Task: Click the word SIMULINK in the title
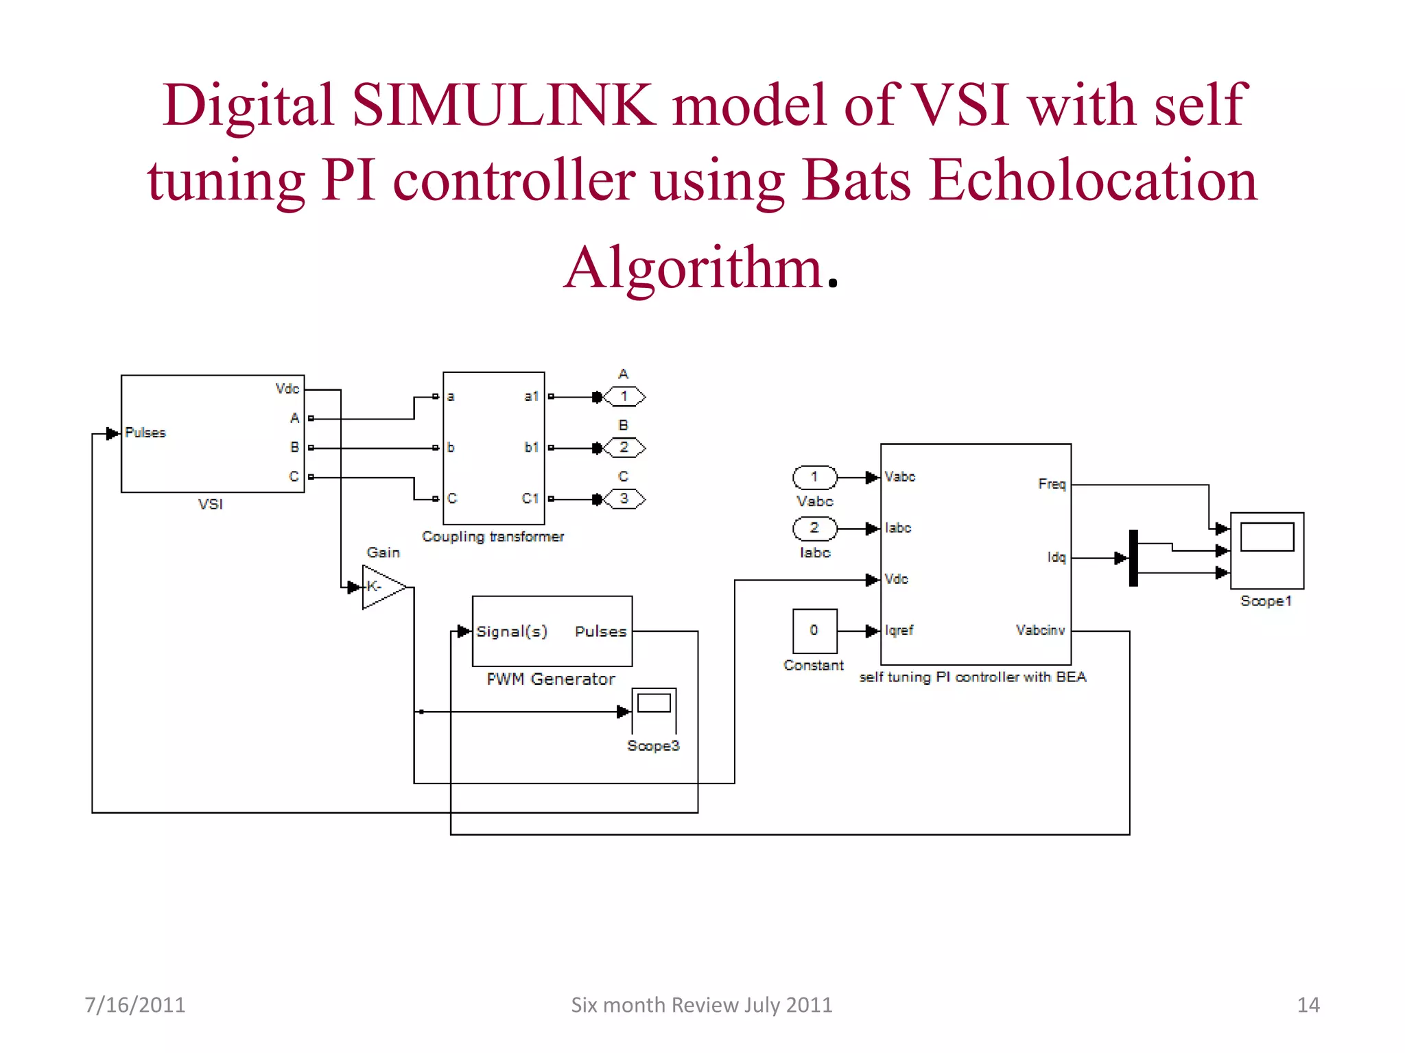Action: (504, 106)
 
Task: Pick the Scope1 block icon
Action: (1266, 550)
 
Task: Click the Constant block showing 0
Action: (814, 631)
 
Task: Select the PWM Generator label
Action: (550, 679)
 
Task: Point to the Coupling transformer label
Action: (493, 537)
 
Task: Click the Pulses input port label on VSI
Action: (145, 433)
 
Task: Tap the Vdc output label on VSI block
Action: (287, 389)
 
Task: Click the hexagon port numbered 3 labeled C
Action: (624, 499)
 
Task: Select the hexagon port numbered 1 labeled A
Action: (624, 396)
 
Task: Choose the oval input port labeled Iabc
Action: (814, 529)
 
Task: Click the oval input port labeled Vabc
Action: (814, 477)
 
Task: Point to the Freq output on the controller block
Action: (1052, 484)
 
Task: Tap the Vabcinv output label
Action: (1040, 630)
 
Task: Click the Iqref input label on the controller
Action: (899, 630)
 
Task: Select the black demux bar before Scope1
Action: (1133, 558)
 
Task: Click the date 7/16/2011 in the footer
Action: (134, 1005)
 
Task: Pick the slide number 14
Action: (1308, 1005)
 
